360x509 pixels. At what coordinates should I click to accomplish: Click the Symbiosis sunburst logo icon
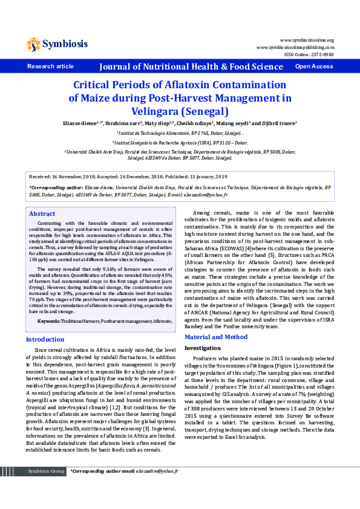click(33, 44)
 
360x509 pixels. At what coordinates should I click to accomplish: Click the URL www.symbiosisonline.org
click(307, 40)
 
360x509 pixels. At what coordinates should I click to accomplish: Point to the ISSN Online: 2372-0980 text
click(309, 54)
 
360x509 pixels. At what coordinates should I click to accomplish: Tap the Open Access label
click(313, 66)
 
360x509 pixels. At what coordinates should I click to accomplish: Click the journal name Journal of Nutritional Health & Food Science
click(191, 66)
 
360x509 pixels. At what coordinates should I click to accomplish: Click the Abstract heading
click(42, 214)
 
